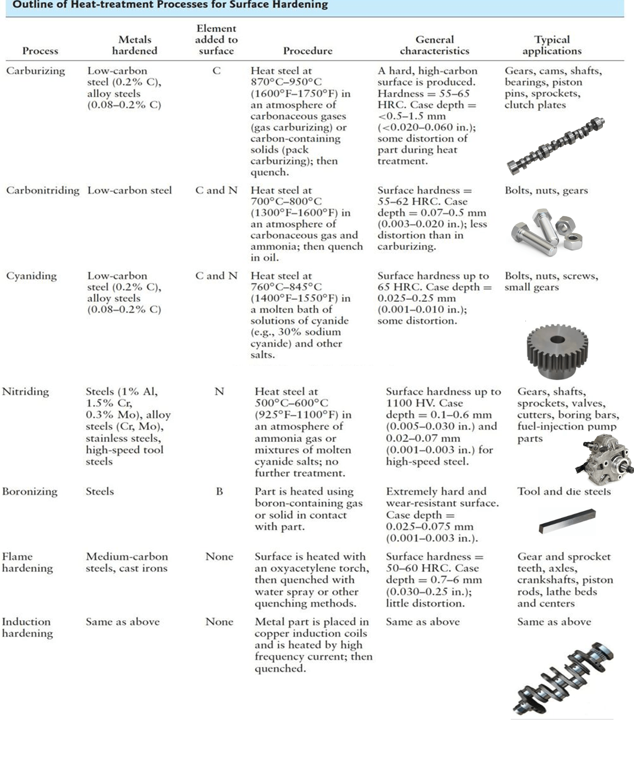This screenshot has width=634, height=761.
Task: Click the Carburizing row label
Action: tap(36, 71)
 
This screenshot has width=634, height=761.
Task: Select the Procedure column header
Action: tap(308, 51)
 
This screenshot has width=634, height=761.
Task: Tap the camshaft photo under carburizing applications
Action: tap(555, 146)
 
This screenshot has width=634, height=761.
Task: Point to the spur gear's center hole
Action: tap(557, 339)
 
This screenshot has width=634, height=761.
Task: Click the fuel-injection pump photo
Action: tap(605, 458)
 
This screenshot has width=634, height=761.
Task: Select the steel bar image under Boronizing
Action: tap(567, 521)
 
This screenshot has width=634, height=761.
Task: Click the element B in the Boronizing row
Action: tap(219, 492)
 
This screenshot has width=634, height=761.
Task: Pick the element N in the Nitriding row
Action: tap(219, 392)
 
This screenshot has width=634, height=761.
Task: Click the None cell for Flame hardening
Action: tap(219, 557)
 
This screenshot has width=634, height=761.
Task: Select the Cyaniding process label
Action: tap(31, 276)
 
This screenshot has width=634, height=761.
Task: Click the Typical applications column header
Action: tap(552, 45)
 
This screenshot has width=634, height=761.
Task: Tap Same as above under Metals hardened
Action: tap(123, 622)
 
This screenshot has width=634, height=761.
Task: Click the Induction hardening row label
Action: tap(27, 627)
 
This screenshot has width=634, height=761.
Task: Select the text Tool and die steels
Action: tap(564, 492)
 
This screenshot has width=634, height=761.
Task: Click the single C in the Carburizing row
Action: tap(216, 71)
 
